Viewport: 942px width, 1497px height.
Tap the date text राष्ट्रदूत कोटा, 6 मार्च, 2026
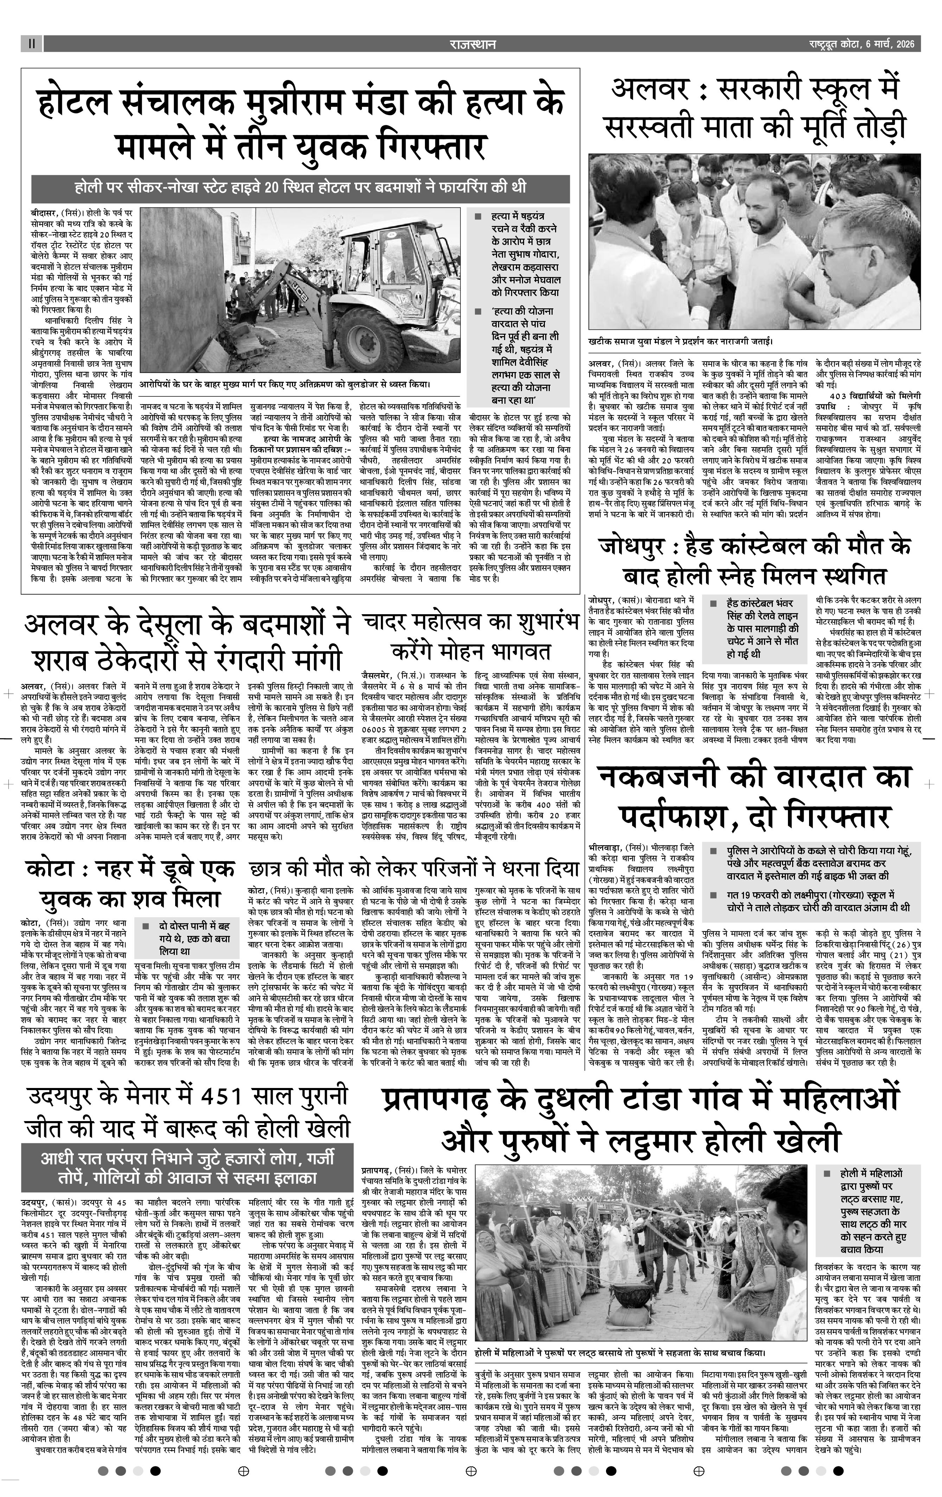coord(861,44)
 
